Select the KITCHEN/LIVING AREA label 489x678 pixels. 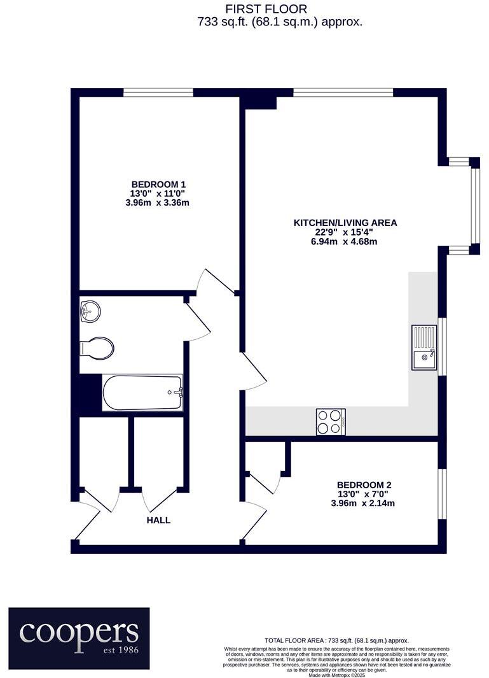345,223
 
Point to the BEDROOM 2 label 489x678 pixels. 364,484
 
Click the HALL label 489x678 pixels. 158,520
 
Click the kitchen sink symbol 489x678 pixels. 424,347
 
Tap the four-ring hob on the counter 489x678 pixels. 331,421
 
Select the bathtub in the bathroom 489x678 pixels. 142,393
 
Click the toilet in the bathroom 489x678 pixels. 97,348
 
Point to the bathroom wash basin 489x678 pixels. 90,312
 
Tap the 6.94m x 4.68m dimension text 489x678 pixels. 345,242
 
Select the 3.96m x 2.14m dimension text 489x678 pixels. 364,503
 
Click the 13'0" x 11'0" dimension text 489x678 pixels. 159,194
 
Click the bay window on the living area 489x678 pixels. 474,206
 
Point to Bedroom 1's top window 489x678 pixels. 158,93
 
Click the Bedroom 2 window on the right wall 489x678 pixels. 443,494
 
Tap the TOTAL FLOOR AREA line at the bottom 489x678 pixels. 337,640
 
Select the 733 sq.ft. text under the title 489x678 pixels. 280,22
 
